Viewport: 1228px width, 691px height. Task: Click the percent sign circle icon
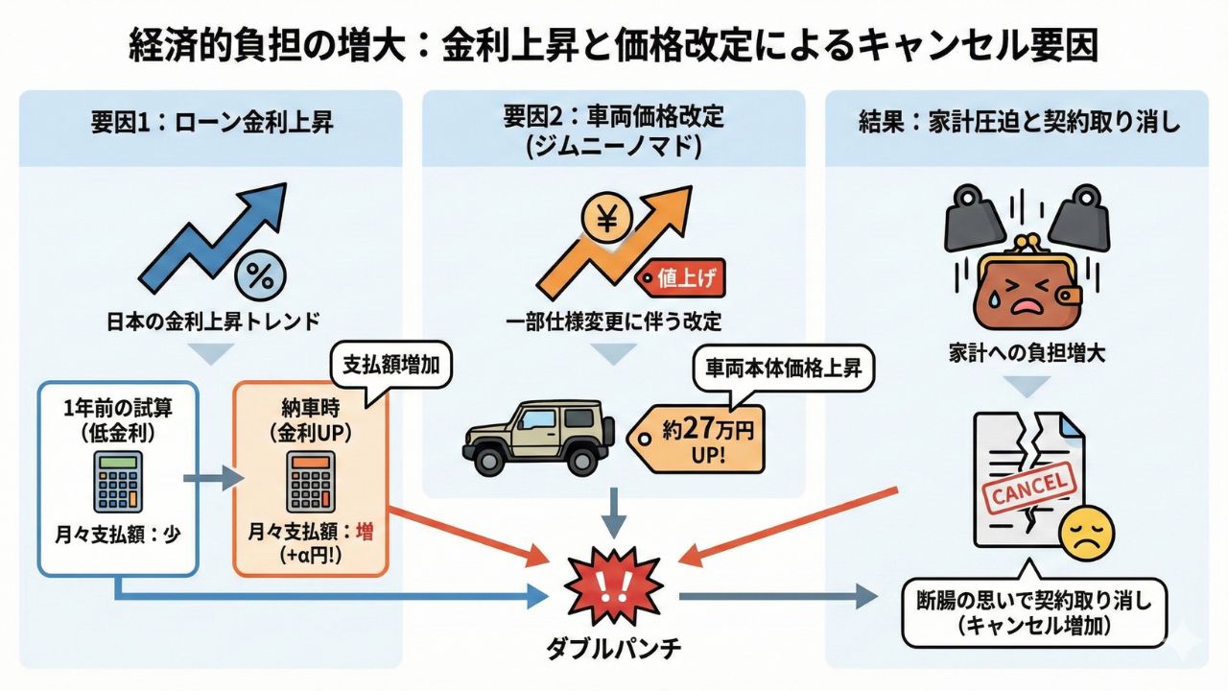coord(259,275)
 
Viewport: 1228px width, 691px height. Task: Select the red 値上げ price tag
coord(679,278)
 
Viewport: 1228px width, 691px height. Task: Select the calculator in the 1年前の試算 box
coord(118,483)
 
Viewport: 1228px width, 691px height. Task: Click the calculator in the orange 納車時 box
coord(311,483)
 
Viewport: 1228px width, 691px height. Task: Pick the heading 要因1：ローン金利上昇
coord(210,125)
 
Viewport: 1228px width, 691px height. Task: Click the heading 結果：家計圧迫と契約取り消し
coord(1017,125)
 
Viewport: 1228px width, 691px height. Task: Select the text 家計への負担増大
coord(1026,352)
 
